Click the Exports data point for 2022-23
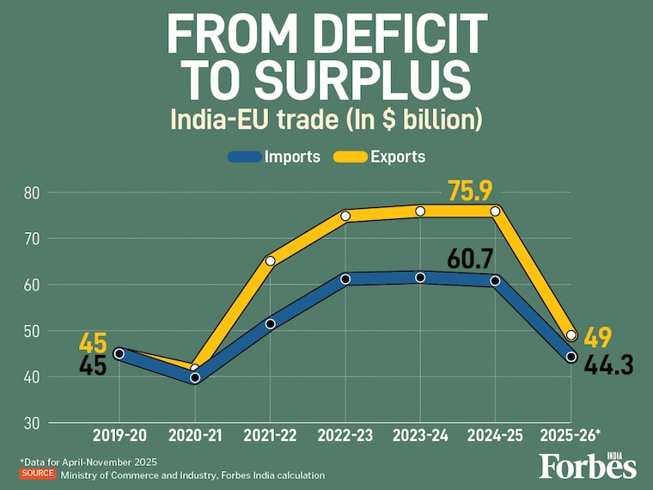[345, 216]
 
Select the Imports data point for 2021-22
[270, 324]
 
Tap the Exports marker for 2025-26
[571, 335]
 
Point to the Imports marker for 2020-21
[195, 377]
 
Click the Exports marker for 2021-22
[270, 260]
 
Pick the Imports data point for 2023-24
[420, 278]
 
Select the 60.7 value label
[473, 257]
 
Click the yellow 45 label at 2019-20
[92, 342]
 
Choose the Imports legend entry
[274, 156]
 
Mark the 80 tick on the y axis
[32, 193]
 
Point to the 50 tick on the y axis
[32, 331]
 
